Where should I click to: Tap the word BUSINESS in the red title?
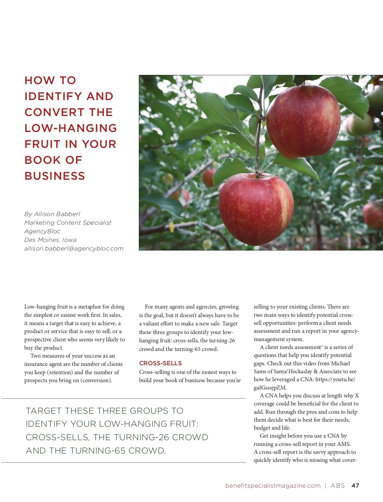[x=55, y=176]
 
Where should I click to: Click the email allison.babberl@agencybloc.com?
[x=74, y=249]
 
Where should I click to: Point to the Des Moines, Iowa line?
[x=50, y=240]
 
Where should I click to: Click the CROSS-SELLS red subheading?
[x=161, y=363]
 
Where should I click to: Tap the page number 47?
[x=355, y=485]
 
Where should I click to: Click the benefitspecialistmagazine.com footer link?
[x=273, y=485]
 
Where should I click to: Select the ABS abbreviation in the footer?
[x=338, y=485]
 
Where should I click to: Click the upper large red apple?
[x=303, y=123]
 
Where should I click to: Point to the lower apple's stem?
[x=257, y=171]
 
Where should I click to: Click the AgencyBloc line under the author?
[x=42, y=231]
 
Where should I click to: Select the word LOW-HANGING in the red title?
[x=71, y=128]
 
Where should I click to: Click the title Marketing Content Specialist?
[x=68, y=222]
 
